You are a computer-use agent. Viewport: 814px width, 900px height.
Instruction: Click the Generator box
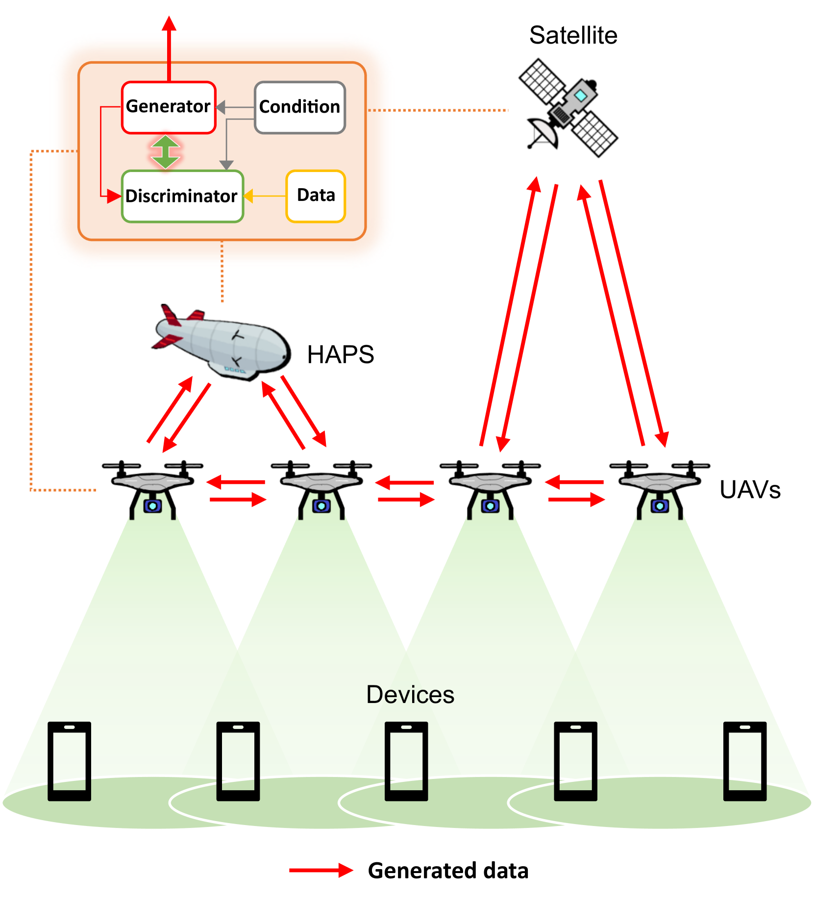[x=169, y=107]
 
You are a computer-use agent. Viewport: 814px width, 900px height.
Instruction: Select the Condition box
[x=300, y=107]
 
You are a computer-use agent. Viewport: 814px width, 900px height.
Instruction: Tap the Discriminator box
[x=182, y=196]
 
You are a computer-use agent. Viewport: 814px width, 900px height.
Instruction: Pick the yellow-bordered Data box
[x=316, y=196]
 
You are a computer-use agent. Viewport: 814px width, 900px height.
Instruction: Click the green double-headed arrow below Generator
[x=166, y=152]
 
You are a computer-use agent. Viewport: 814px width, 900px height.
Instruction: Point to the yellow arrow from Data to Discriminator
[x=265, y=196]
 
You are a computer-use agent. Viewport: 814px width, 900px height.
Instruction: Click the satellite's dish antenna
[x=543, y=133]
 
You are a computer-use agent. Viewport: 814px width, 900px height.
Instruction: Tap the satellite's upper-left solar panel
[x=542, y=81]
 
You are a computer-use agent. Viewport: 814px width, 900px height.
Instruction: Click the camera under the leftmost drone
[x=152, y=506]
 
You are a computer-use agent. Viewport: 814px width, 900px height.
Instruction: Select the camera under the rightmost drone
[x=660, y=506]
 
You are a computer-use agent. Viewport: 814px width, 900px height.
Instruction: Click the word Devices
[x=410, y=694]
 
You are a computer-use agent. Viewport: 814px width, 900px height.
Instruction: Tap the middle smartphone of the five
[x=406, y=760]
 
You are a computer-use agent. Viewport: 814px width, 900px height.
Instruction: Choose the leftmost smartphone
[x=69, y=760]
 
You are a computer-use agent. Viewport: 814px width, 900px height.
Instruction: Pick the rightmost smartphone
[x=744, y=760]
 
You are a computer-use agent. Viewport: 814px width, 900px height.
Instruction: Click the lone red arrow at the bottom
[x=321, y=870]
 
